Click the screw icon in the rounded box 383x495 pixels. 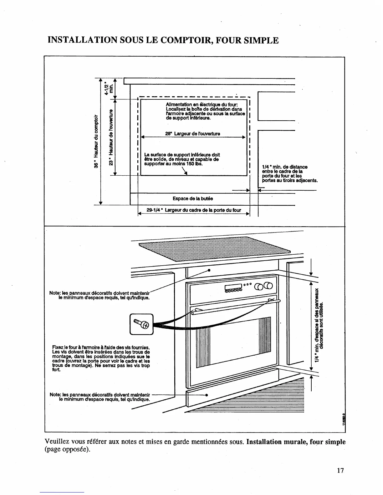[141, 324]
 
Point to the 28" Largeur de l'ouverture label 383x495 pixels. [192, 134]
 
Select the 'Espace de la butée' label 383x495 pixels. [193, 198]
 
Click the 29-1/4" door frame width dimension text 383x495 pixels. [194, 210]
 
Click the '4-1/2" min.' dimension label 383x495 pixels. [109, 88]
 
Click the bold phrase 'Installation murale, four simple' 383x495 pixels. [296, 442]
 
